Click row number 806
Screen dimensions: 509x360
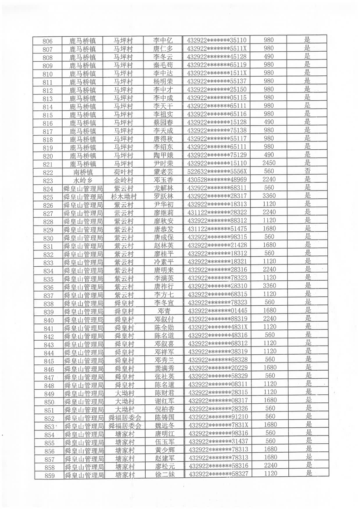click(47, 41)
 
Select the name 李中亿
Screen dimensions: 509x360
click(163, 40)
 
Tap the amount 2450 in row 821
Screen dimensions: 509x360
click(269, 163)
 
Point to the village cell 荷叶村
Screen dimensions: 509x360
click(123, 171)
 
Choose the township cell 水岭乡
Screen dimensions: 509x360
click(83, 180)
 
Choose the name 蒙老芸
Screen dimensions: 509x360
click(163, 171)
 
